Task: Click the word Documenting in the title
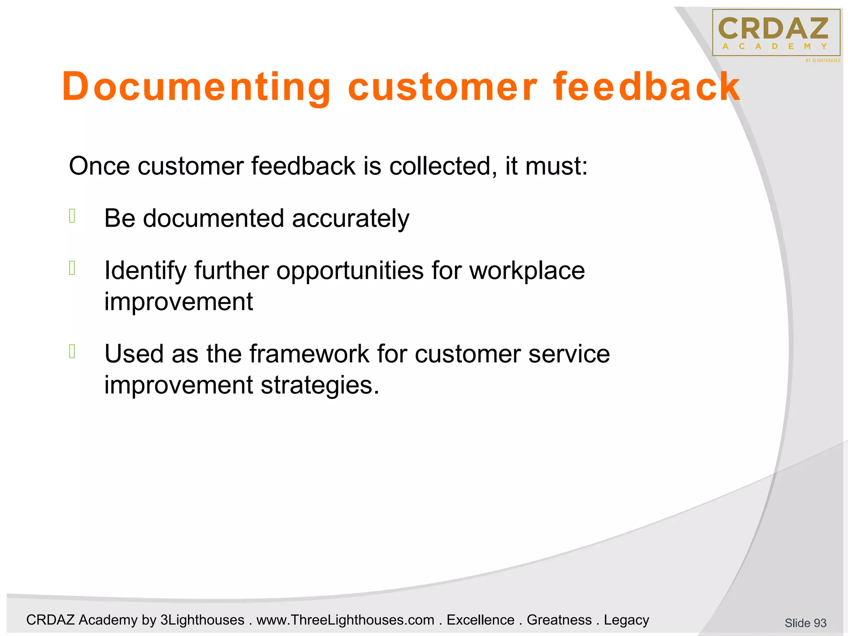point(197,87)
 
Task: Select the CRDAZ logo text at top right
point(773,28)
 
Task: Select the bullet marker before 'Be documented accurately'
point(72,216)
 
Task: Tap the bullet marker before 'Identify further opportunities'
point(72,268)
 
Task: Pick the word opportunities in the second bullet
point(350,271)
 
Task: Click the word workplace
point(527,271)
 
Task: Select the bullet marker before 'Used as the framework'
point(72,351)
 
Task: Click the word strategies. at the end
point(320,385)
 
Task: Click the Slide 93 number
point(805,623)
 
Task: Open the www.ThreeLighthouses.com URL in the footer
point(345,620)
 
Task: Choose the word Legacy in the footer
point(626,620)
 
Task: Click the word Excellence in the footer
point(480,620)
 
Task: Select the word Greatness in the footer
point(559,620)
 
